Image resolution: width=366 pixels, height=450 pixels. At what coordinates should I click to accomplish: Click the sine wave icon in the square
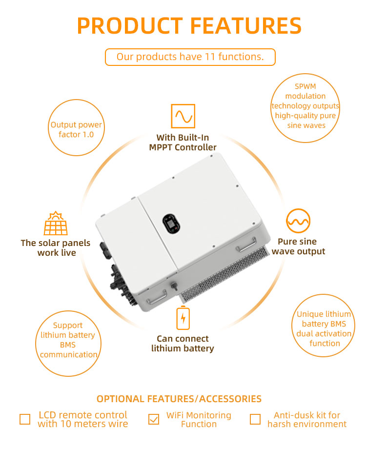(183, 116)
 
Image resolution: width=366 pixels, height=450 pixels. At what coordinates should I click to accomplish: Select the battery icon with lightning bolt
(183, 318)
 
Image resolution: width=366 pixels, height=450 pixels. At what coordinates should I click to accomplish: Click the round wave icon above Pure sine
(298, 221)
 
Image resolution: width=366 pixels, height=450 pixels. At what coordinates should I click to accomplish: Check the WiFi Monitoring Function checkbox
(154, 419)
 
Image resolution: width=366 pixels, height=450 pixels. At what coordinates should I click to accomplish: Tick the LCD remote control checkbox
(25, 419)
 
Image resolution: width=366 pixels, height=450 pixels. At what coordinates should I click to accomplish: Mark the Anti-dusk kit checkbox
(255, 419)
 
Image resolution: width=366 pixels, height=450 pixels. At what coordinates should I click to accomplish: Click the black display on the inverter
(171, 223)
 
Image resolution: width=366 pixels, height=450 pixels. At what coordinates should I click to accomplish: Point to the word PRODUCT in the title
(130, 26)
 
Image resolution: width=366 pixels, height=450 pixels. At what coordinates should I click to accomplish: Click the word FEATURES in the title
(246, 26)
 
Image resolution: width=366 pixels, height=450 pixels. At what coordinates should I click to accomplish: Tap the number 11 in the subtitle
(210, 57)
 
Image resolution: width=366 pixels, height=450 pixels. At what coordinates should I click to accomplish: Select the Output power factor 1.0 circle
(76, 128)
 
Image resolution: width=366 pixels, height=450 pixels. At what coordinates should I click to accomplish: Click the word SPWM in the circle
(305, 86)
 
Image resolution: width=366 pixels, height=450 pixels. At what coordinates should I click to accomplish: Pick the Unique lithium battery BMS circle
(323, 326)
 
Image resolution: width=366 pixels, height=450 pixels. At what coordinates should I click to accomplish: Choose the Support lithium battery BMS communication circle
(68, 343)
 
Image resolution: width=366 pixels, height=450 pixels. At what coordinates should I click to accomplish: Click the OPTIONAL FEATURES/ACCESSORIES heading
(179, 399)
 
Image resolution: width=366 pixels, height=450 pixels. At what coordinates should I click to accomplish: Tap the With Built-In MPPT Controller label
(183, 143)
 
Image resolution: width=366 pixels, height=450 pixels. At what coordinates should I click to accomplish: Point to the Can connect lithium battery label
(183, 344)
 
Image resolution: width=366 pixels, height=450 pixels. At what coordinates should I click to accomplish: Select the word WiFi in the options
(175, 415)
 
